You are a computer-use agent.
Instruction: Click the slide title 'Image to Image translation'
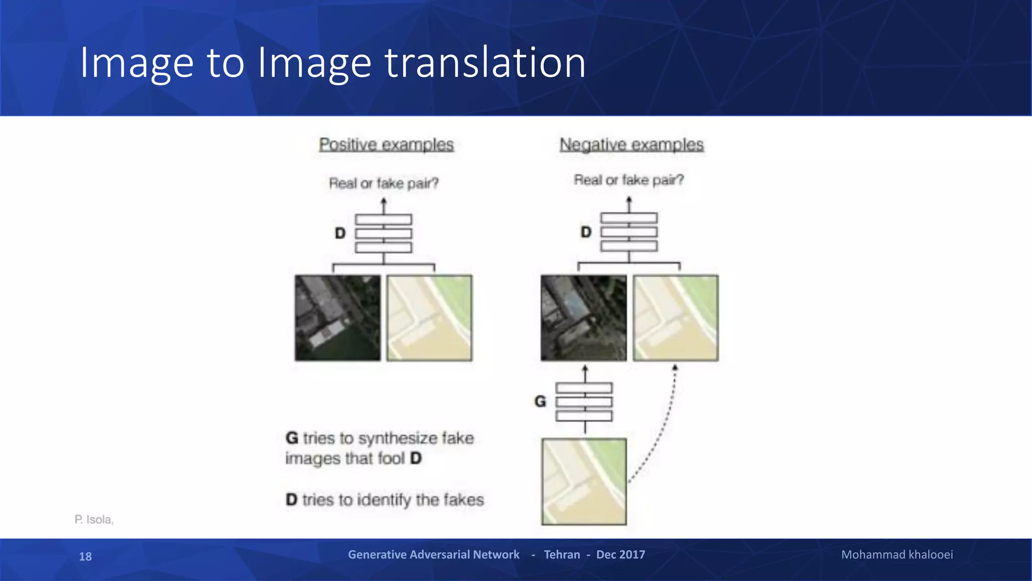coord(333,63)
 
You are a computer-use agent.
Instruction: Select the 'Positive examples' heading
coord(386,145)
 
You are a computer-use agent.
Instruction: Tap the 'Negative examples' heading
coord(631,145)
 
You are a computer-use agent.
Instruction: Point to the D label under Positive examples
coord(341,233)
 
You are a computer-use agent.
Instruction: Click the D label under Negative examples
coord(586,232)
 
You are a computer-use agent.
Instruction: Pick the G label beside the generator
coord(540,401)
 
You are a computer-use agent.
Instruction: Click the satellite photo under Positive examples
coord(338,318)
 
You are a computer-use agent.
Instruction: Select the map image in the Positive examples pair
coord(429,318)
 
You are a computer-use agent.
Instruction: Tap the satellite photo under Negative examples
coord(584,318)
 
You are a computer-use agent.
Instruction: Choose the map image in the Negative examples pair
coord(676,318)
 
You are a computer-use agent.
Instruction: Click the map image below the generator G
coord(584,482)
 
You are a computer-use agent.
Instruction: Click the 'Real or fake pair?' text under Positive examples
coord(383,183)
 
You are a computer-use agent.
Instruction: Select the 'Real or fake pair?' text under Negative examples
coord(629,180)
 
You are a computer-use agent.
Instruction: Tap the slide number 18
coord(85,556)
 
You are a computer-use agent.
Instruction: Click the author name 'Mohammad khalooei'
coord(897,555)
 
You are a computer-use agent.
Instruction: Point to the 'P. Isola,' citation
coord(94,519)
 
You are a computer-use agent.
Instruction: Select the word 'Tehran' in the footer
coord(562,555)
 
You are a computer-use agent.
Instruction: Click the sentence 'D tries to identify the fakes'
coord(384,500)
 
